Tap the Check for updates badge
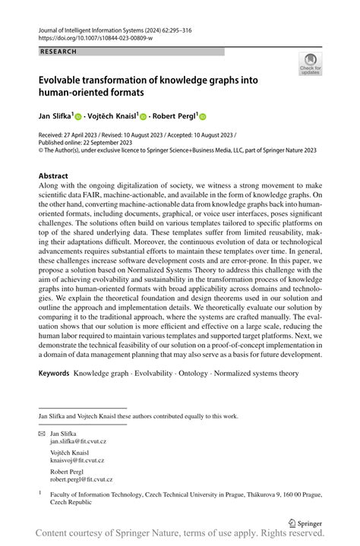[311, 65]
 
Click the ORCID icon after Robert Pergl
[203, 116]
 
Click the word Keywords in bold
[53, 374]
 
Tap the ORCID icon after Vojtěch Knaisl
[142, 116]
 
